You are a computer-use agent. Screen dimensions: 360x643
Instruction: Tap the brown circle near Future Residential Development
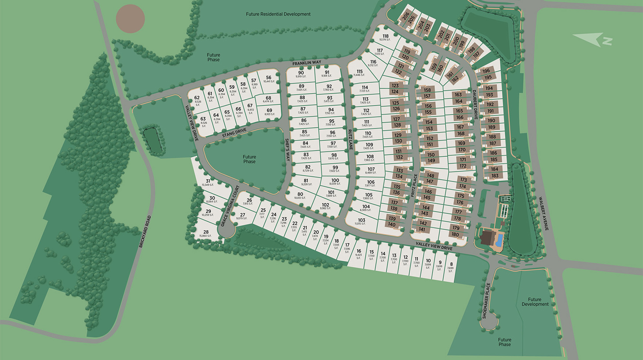click(130, 19)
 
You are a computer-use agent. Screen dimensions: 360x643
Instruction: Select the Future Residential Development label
click(278, 14)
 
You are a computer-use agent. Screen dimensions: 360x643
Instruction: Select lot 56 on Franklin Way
click(269, 78)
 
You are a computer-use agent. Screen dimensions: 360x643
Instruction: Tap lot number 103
click(362, 220)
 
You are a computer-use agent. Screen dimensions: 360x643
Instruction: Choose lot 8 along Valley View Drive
click(451, 264)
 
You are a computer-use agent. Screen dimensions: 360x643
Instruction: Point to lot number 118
click(386, 37)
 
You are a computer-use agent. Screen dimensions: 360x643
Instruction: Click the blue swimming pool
click(499, 240)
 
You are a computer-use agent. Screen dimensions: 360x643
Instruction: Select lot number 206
click(406, 15)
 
